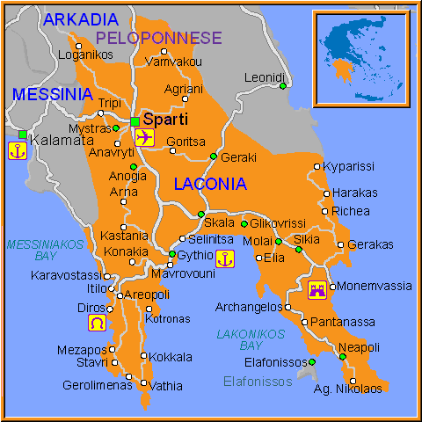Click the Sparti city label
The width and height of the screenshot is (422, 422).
click(165, 119)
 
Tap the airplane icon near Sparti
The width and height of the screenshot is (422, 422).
click(145, 137)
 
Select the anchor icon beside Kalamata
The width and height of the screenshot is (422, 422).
click(15, 150)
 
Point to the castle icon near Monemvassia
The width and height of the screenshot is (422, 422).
click(316, 290)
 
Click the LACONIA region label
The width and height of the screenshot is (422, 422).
click(210, 184)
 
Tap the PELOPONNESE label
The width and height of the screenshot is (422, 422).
click(159, 38)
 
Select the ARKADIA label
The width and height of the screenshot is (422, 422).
click(80, 18)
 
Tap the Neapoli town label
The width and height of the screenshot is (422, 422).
click(359, 347)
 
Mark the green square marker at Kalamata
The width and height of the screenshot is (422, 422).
click(22, 135)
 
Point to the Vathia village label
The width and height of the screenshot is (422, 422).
click(166, 385)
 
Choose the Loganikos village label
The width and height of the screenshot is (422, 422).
click(85, 55)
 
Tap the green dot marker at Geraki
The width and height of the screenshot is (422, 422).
click(213, 156)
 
